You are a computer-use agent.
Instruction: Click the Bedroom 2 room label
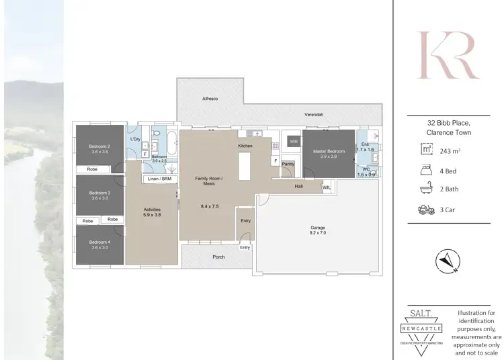(x=99, y=146)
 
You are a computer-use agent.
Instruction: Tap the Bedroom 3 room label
(x=99, y=193)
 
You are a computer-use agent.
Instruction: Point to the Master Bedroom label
(x=329, y=151)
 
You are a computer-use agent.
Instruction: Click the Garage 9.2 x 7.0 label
(x=317, y=230)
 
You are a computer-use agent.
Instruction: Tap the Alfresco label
(x=210, y=98)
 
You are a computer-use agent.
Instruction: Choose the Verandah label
(x=313, y=115)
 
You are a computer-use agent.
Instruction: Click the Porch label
(x=218, y=257)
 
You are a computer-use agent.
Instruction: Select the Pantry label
(x=288, y=164)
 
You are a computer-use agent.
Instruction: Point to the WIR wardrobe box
(x=293, y=142)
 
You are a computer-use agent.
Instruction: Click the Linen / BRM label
(x=158, y=179)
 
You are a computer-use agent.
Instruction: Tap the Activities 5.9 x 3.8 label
(x=152, y=212)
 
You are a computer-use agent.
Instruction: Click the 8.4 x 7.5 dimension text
(x=208, y=206)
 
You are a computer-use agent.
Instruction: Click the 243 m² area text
(x=450, y=151)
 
